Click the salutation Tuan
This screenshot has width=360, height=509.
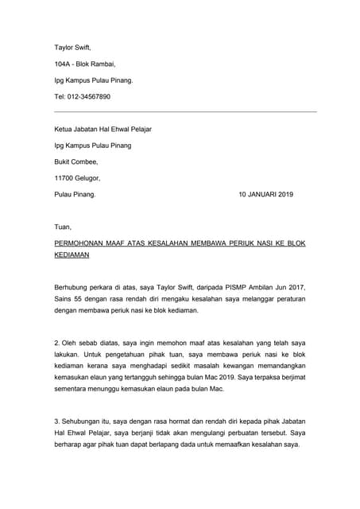tap(63, 226)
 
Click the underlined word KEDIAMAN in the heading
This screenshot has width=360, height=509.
tap(72, 255)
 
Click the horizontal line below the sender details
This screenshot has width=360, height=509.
tap(184, 112)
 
